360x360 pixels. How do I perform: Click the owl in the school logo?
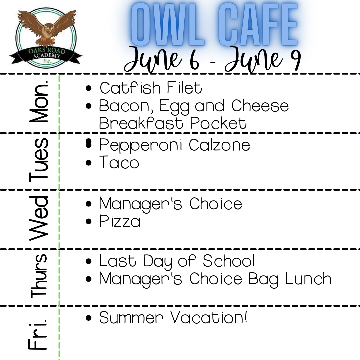(x=47, y=28)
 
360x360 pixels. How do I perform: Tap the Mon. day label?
(x=40, y=101)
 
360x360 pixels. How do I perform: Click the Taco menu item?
(x=119, y=163)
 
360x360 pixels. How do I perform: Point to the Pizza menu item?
(x=120, y=222)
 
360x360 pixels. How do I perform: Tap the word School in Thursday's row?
(x=229, y=261)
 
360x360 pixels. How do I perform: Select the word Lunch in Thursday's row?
(x=308, y=279)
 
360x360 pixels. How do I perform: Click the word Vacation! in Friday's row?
(x=209, y=318)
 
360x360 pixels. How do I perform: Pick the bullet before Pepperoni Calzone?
(x=88, y=143)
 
